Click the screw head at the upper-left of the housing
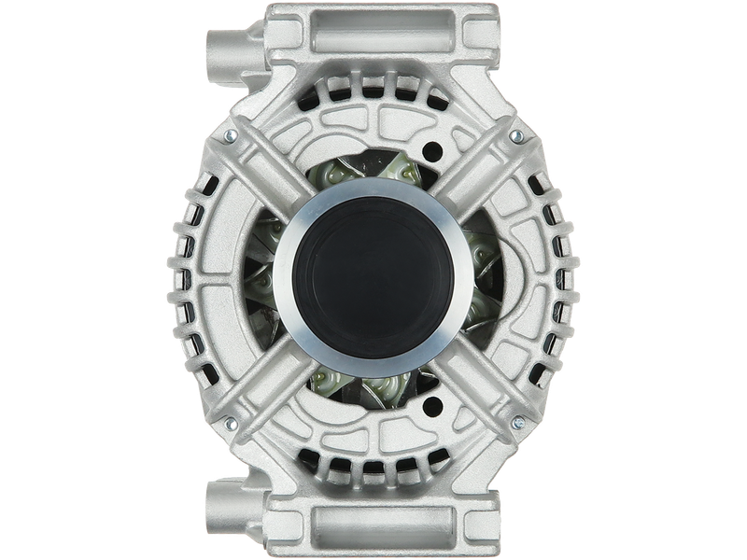point(227,139)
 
